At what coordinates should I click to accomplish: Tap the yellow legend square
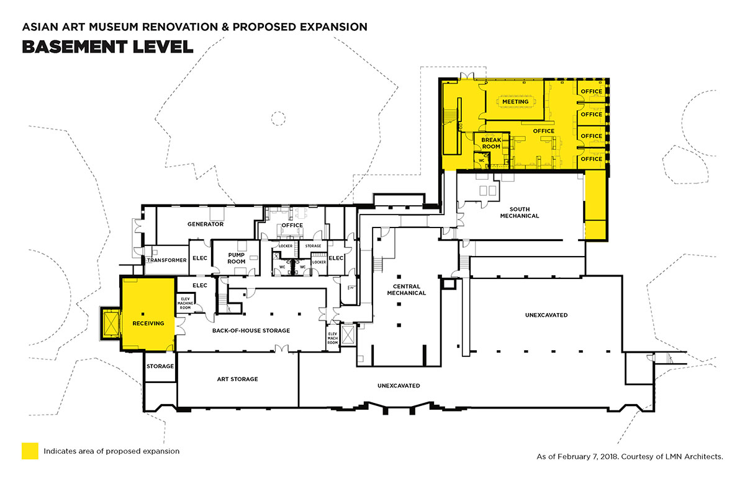[x=30, y=451]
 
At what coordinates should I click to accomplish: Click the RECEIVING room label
[x=148, y=323]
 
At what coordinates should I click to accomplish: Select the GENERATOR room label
[x=205, y=224]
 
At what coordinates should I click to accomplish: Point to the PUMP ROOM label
[x=236, y=257]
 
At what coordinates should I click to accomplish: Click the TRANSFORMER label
[x=166, y=260]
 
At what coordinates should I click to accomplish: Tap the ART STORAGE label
[x=237, y=379]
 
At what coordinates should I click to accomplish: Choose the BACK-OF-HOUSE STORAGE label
[x=251, y=330]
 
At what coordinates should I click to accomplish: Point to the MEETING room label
[x=515, y=102]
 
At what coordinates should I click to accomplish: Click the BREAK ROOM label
[x=491, y=143]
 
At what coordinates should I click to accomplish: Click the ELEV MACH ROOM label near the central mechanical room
[x=333, y=338]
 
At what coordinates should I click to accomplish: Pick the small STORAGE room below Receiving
[x=160, y=366]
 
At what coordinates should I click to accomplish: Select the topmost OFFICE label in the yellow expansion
[x=591, y=92]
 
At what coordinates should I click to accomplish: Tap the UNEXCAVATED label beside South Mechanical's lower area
[x=546, y=315]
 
